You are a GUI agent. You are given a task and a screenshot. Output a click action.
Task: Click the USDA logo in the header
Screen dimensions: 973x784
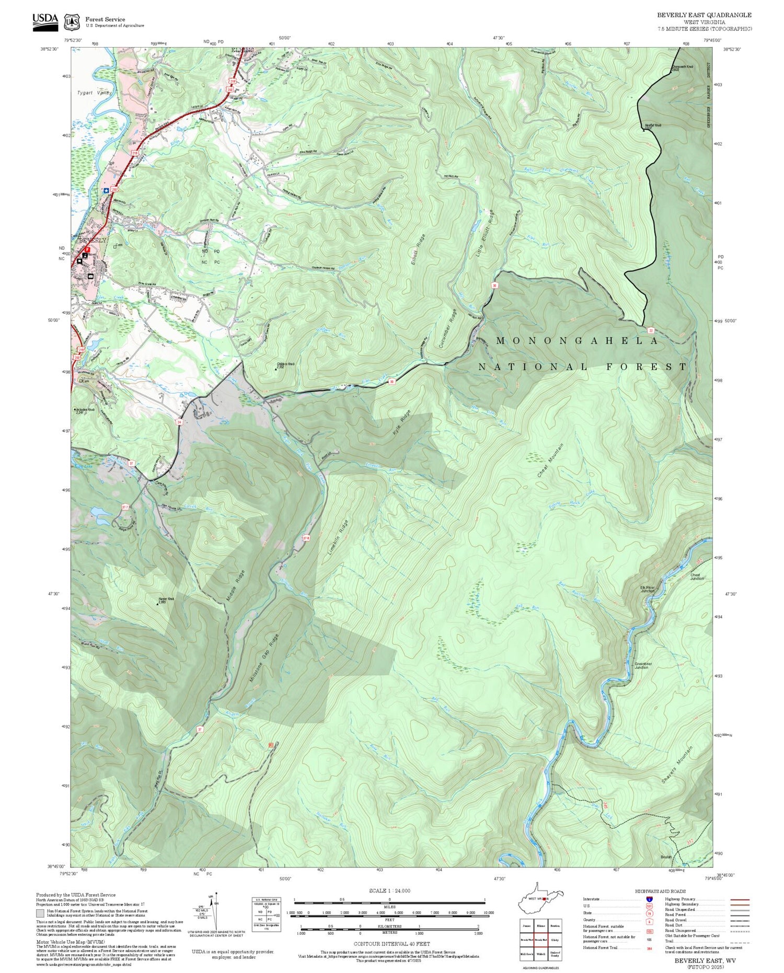coord(45,21)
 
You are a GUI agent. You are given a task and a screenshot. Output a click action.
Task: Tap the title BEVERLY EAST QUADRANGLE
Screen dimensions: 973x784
coord(704,15)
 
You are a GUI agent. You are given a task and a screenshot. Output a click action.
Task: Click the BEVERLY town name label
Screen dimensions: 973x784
coord(92,240)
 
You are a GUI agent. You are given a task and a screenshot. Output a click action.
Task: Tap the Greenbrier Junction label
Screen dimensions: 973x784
coord(641,666)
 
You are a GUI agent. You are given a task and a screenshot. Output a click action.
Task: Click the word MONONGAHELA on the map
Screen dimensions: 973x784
coord(577,341)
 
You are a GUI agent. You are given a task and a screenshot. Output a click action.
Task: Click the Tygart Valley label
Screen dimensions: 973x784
coord(95,92)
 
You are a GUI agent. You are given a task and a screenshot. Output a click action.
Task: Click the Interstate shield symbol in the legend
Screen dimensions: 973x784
coord(649,899)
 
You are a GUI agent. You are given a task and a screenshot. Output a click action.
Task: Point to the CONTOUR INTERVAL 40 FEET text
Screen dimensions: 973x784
coord(391,944)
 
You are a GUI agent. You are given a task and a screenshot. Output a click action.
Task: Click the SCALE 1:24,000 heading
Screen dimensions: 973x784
coord(389,890)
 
